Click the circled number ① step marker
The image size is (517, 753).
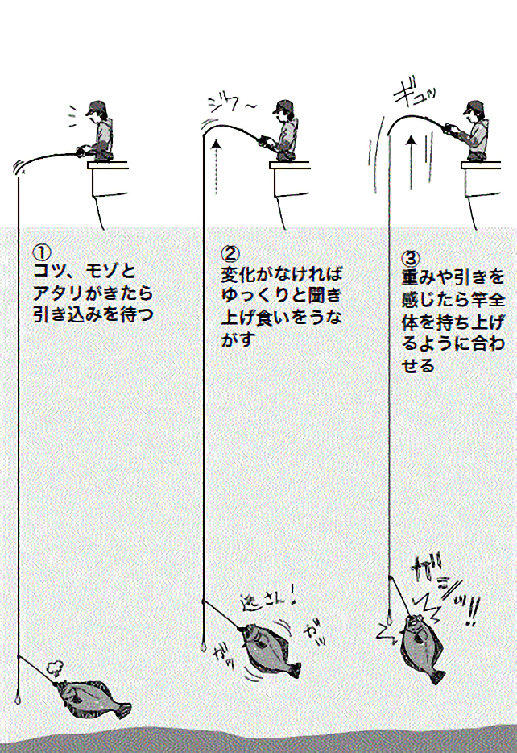(x=41, y=250)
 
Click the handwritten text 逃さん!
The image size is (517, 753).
(x=269, y=600)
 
